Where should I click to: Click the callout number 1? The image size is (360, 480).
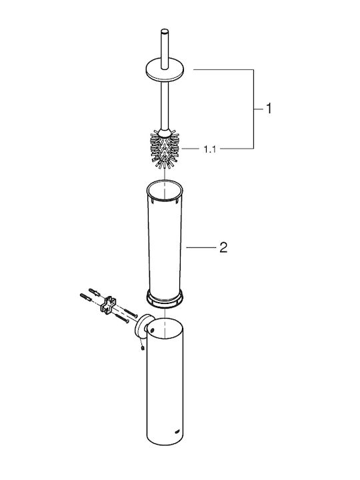click(x=269, y=109)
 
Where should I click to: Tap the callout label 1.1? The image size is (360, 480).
click(x=210, y=149)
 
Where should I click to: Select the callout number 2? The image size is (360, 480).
click(x=223, y=247)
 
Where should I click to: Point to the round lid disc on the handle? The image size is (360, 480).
click(x=165, y=71)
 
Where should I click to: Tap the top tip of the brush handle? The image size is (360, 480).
click(x=165, y=31)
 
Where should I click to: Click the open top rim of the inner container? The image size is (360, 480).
click(x=165, y=190)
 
